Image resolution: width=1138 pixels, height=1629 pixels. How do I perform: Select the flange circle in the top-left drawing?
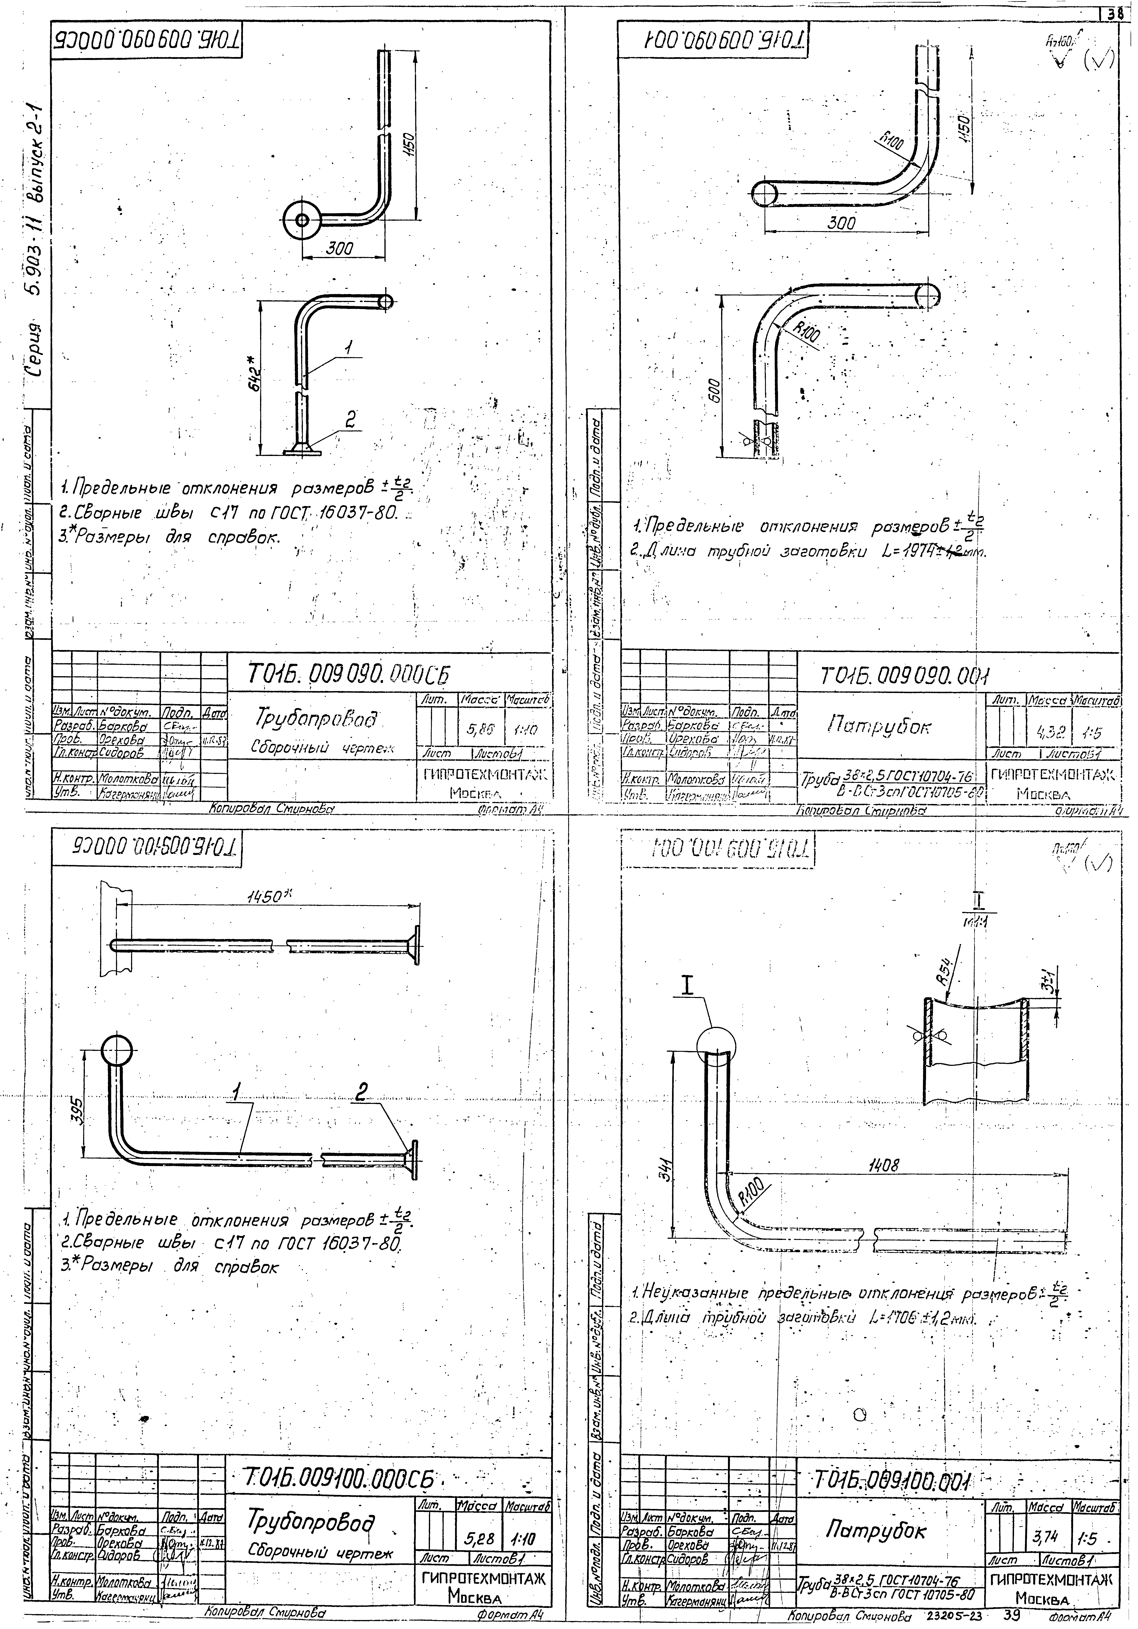coord(303,220)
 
